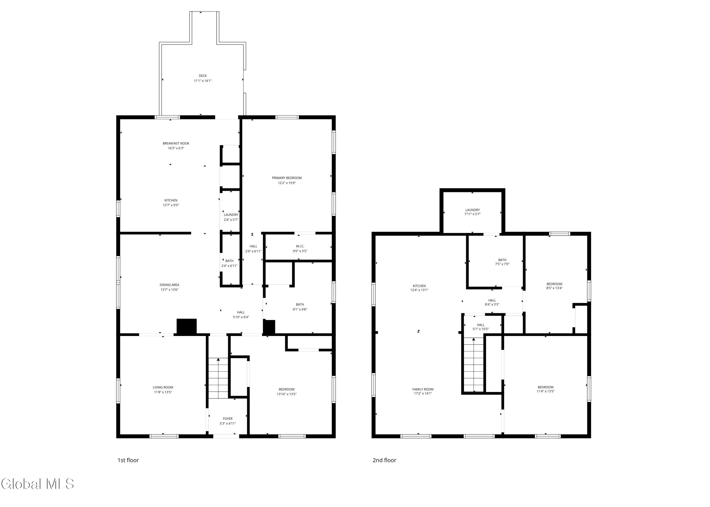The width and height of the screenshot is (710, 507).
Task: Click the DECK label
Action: [x=203, y=75]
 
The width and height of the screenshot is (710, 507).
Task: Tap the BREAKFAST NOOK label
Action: [x=176, y=143]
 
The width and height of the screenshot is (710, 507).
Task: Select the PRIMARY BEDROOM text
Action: [x=287, y=178]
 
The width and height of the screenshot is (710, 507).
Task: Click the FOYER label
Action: [x=228, y=419]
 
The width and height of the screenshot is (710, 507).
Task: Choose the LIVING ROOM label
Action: [x=163, y=387]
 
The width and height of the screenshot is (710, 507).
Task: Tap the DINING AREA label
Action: [x=169, y=285]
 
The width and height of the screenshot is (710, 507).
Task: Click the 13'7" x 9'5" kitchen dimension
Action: [x=171, y=205]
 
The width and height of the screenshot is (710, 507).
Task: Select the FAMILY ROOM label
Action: [x=423, y=389]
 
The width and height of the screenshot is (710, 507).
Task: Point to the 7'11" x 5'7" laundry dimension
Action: [x=473, y=214]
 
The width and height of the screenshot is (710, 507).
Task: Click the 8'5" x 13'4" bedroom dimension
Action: [x=555, y=288]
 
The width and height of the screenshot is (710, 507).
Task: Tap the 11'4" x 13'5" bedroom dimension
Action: [x=546, y=391]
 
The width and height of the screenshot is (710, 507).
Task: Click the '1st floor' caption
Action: [x=128, y=460]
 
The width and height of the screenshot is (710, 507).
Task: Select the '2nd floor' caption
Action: [x=384, y=460]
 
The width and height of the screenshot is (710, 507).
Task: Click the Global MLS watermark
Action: [x=37, y=484]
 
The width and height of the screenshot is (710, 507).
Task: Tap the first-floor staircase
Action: [x=218, y=378]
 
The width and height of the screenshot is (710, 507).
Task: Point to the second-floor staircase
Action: [x=474, y=365]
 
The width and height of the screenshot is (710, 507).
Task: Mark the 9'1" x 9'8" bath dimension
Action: [x=300, y=309]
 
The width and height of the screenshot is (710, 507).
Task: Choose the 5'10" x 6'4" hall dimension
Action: [x=241, y=317]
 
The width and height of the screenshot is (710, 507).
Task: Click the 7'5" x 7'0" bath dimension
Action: [x=502, y=264]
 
